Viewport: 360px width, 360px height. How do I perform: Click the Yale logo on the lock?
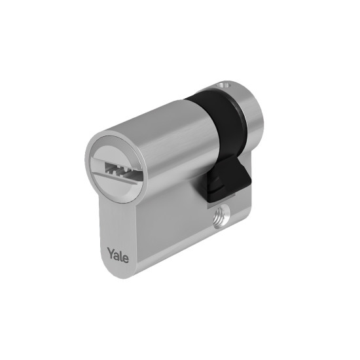pos(118,255)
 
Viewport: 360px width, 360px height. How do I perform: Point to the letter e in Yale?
pos(126,259)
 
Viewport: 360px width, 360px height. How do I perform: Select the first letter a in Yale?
pos(117,255)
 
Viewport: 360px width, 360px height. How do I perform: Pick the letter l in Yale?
pos(121,255)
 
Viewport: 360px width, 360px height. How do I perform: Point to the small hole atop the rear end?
pos(224,85)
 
